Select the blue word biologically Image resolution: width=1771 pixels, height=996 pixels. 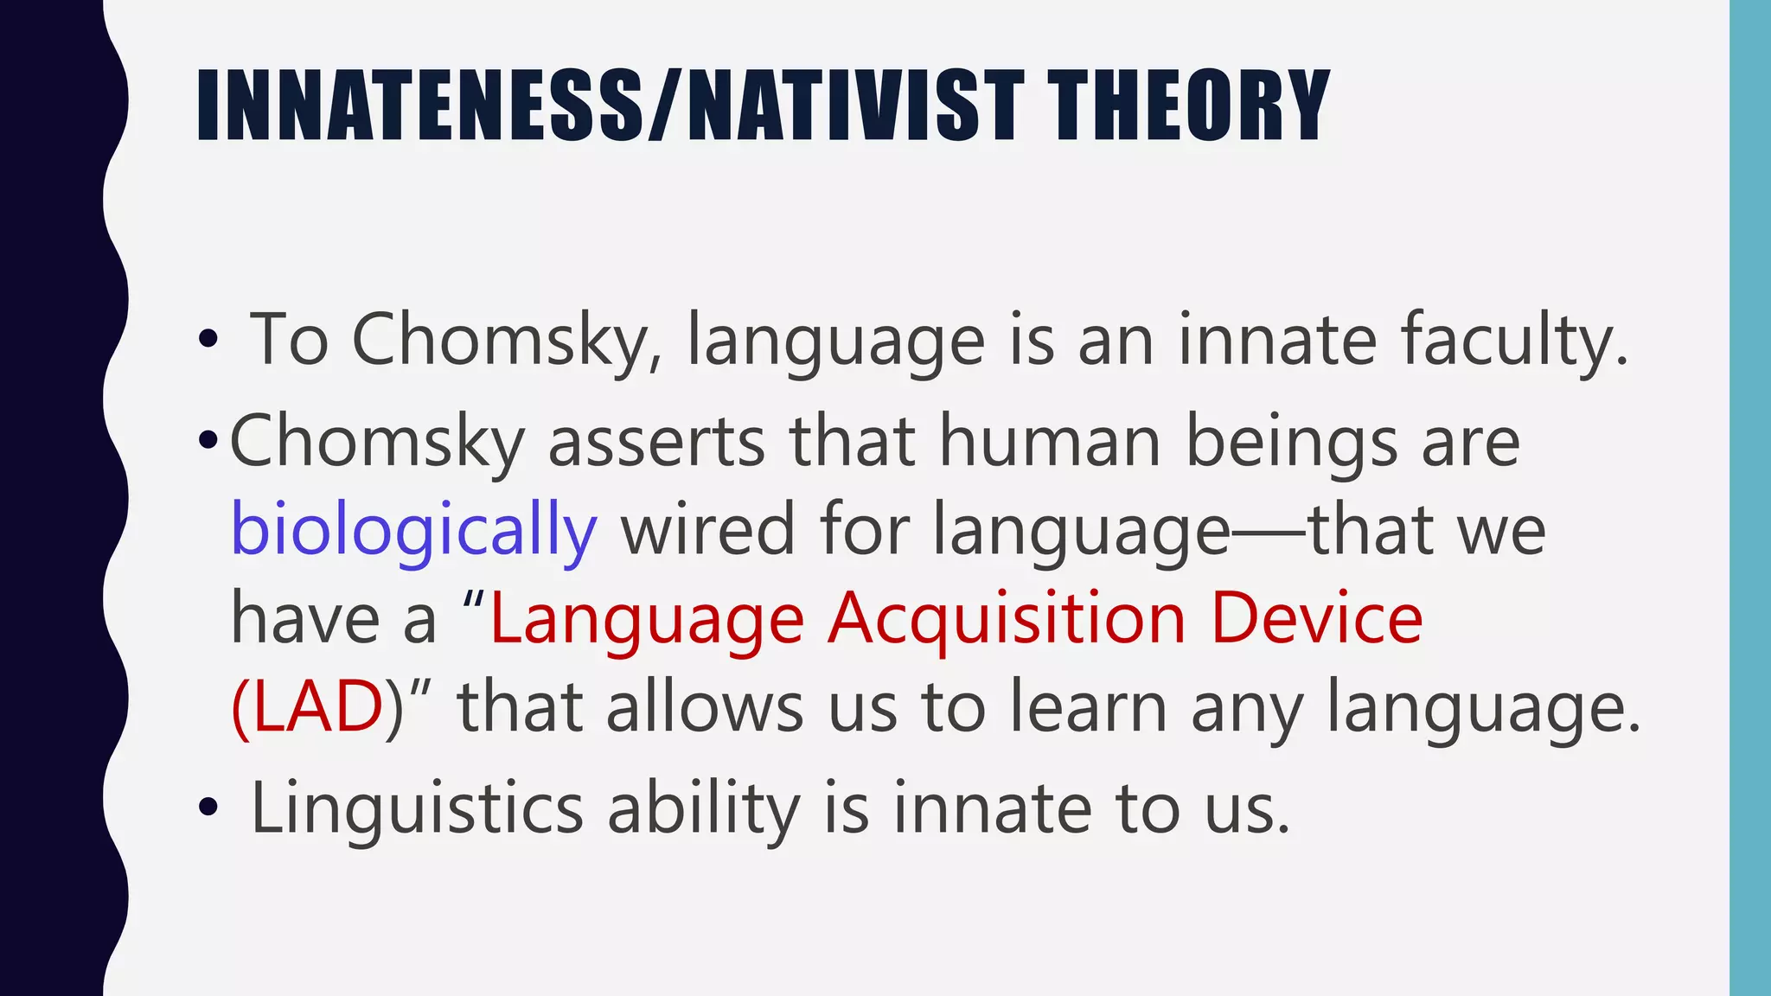413,529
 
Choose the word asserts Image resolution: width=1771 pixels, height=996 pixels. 657,441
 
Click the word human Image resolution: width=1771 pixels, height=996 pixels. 1050,441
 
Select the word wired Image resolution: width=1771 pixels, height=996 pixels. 707,529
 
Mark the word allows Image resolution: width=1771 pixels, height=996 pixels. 705,707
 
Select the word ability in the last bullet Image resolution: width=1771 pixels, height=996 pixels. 704,809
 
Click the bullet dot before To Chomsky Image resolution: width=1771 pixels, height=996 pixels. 208,341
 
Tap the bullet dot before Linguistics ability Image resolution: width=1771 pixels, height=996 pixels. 208,809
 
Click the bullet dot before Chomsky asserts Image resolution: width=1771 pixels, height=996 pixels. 208,441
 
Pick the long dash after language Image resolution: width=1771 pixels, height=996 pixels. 1269,533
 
